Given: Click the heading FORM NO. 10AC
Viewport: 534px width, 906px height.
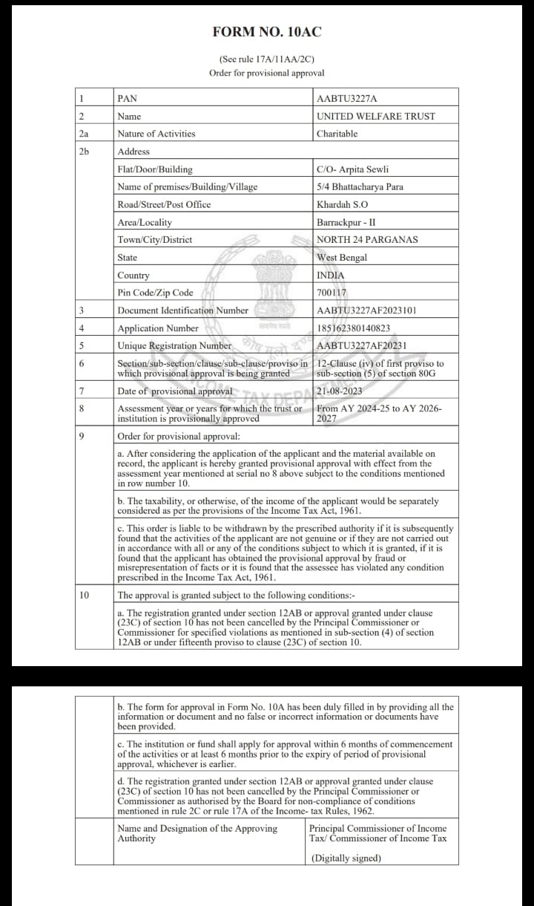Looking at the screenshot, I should [x=267, y=32].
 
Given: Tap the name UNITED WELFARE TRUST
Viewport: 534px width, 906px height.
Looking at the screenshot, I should [x=376, y=116].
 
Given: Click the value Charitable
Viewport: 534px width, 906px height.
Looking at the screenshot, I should [x=337, y=134].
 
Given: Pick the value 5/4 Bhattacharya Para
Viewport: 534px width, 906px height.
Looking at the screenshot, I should [x=360, y=186].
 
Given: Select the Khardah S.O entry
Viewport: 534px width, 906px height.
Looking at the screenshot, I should [x=342, y=204].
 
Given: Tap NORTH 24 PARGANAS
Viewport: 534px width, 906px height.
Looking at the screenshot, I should [x=367, y=240].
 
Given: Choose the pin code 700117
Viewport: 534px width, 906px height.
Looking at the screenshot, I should [x=332, y=293].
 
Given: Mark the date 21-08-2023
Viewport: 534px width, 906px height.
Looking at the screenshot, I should [x=340, y=390].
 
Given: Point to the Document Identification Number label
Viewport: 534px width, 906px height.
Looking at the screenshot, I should [x=182, y=310].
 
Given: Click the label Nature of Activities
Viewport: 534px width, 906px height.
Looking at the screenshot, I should [x=156, y=134].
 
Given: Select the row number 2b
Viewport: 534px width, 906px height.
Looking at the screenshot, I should [x=83, y=151].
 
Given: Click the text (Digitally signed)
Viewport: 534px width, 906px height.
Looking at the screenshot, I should [x=346, y=858].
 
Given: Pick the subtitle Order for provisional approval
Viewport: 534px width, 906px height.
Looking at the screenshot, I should [x=267, y=73].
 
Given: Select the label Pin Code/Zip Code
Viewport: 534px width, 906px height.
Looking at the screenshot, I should [x=155, y=293].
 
